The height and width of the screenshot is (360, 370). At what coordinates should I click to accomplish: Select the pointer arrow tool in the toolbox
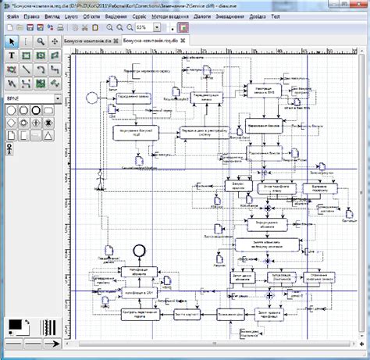click(x=11, y=41)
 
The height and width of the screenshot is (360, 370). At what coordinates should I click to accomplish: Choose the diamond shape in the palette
click(x=11, y=123)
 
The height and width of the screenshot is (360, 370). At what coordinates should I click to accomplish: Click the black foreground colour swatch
click(x=14, y=324)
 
